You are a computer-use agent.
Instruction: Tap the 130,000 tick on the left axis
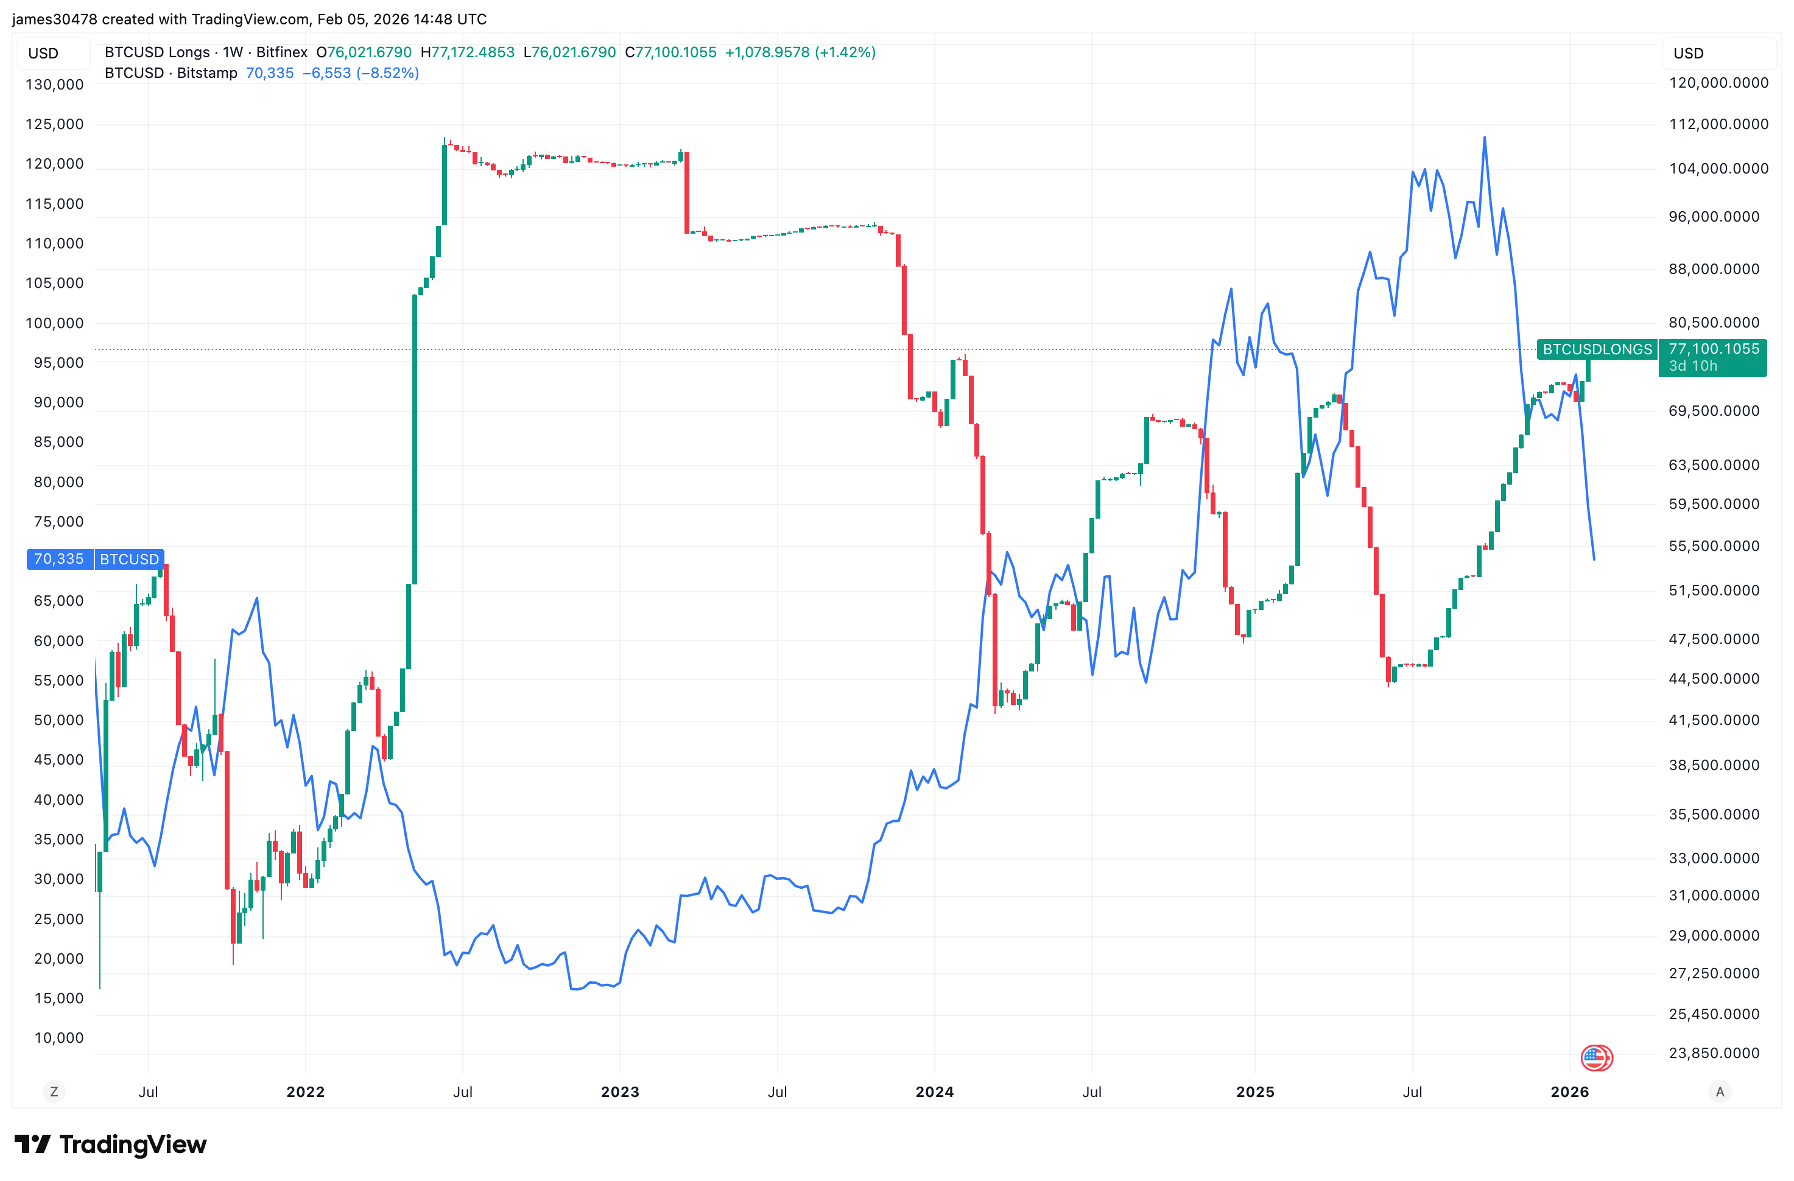(54, 85)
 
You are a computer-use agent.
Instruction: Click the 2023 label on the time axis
(619, 1092)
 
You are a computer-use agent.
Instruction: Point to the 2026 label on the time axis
(1569, 1092)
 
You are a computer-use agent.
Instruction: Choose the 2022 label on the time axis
(305, 1092)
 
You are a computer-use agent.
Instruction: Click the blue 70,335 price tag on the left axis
(59, 559)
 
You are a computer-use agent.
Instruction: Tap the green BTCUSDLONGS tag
(1597, 349)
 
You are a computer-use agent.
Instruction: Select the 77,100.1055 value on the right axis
(1714, 348)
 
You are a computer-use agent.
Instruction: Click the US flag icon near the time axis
(1595, 1057)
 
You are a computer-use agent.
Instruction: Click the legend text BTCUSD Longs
(157, 52)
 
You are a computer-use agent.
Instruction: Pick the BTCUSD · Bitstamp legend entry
(171, 73)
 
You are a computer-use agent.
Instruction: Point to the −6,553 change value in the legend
(326, 73)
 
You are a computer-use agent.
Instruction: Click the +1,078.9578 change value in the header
(767, 52)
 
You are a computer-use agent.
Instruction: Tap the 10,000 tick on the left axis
(59, 1038)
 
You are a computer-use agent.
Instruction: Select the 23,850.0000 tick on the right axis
(1714, 1053)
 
